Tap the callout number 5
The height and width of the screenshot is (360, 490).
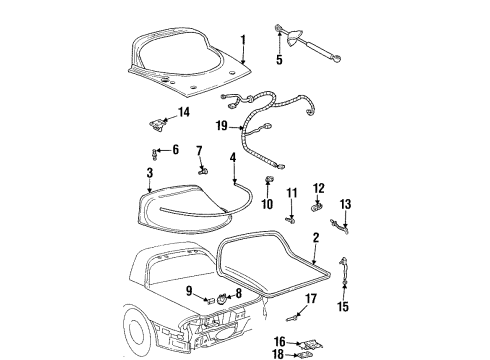point(279,60)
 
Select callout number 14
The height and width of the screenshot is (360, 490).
point(183,112)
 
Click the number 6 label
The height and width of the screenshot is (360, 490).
point(175,150)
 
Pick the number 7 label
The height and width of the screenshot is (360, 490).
point(199,151)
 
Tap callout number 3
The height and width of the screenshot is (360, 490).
point(149,173)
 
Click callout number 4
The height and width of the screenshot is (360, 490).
point(232,157)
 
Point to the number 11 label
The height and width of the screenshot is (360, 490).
point(292,192)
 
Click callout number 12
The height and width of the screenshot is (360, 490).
point(319,188)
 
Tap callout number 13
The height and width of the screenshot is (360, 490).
point(345,205)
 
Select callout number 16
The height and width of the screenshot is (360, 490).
point(280,341)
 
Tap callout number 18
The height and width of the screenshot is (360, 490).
point(276,353)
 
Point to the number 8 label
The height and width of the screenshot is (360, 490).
point(237,293)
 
